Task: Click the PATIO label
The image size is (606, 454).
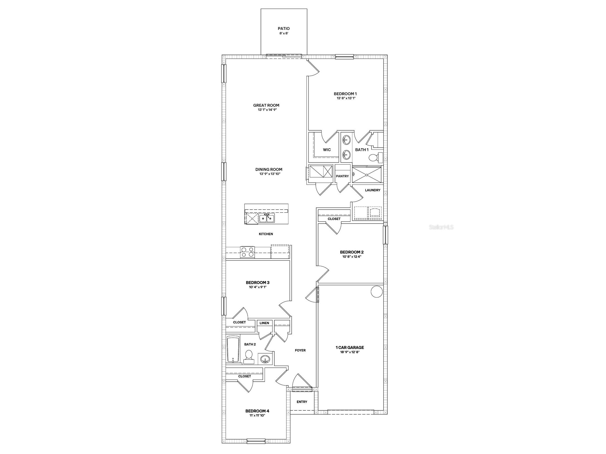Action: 284,28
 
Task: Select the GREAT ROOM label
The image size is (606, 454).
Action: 266,105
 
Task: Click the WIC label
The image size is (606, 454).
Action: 326,150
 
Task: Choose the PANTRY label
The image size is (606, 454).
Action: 342,176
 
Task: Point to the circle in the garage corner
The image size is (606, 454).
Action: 376,292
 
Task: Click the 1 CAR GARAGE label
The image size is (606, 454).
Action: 350,347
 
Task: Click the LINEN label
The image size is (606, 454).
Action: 264,323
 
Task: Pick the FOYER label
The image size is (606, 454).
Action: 300,350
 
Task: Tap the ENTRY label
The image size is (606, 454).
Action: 302,402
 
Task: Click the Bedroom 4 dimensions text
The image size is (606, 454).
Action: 257,415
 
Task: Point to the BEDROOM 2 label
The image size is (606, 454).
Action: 351,252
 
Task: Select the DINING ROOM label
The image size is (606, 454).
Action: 269,169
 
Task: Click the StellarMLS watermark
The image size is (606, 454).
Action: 441,227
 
